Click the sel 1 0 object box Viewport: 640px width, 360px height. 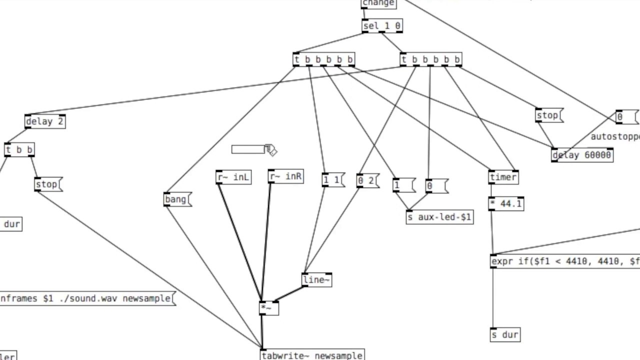(381, 26)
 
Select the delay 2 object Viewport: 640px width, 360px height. (45, 121)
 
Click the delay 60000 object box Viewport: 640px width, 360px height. (582, 155)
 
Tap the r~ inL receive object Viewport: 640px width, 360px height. (233, 177)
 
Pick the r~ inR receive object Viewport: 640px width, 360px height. (285, 177)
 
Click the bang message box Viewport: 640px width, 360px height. (176, 199)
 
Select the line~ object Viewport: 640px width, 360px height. (316, 280)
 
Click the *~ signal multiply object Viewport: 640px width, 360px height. (268, 308)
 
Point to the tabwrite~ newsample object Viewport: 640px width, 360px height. (312, 355)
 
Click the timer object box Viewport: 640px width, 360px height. (503, 177)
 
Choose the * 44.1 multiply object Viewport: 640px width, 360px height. (506, 204)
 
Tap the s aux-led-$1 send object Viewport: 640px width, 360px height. (439, 217)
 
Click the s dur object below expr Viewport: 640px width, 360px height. (505, 334)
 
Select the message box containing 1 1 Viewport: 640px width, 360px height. (332, 180)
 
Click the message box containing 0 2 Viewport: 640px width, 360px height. (367, 180)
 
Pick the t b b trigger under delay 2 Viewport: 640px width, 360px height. (19, 150)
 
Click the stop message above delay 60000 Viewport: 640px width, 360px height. (547, 115)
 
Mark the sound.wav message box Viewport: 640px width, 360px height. (86, 298)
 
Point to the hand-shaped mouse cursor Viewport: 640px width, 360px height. (270, 149)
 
